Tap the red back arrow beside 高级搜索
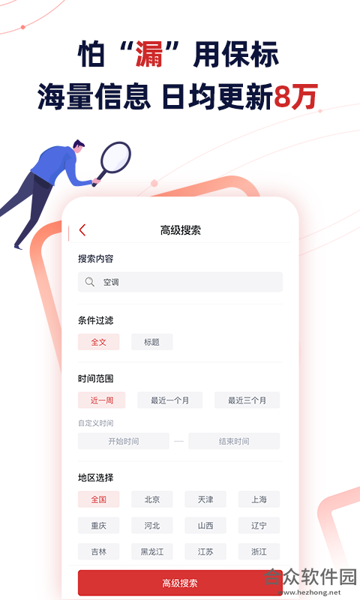coord(82,230)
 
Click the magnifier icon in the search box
coord(89,282)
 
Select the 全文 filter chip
coord(99,342)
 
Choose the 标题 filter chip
coord(152,342)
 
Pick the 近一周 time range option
coord(102,400)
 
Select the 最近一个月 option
coord(169,400)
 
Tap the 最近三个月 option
coord(247,400)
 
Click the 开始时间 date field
coord(124,441)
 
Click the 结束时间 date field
coord(234,441)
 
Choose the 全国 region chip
coord(99,499)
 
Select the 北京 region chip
coord(152,499)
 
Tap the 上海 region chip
coord(259,499)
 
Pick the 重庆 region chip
coord(99,526)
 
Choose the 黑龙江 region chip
coord(152,551)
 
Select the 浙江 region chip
coord(259,551)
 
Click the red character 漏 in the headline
coord(149,55)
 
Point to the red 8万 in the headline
coord(295,97)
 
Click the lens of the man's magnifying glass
coord(116,157)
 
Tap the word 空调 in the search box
coord(111,283)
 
